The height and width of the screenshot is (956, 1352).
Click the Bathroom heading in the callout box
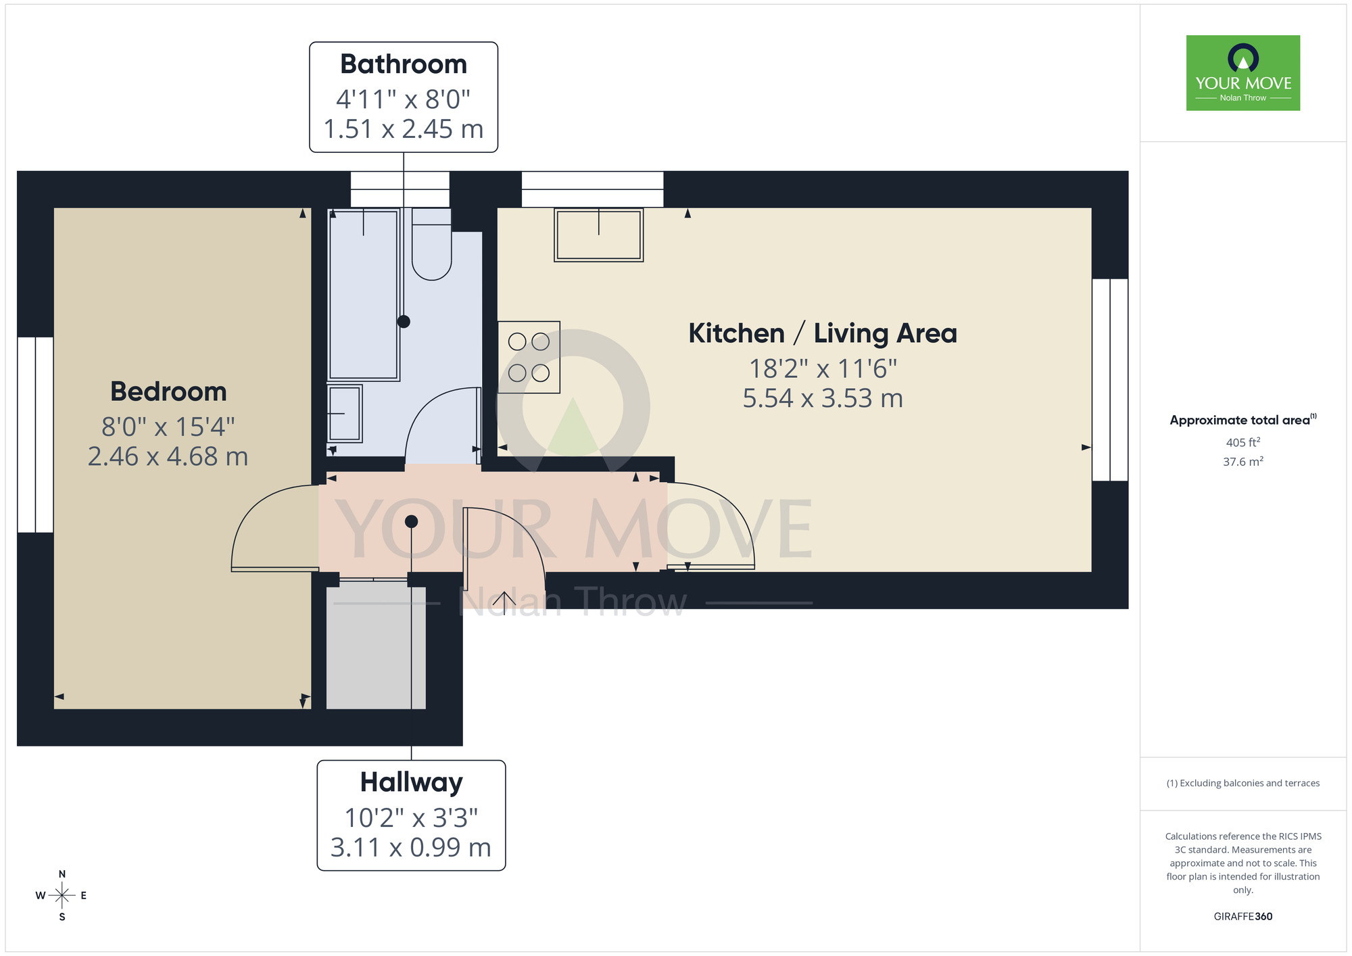click(x=404, y=64)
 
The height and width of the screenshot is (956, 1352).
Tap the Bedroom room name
click(x=168, y=391)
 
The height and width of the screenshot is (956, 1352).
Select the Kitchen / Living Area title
click(x=823, y=333)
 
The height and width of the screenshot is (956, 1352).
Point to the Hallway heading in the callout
click(x=411, y=782)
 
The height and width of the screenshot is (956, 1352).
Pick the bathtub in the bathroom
click(x=364, y=295)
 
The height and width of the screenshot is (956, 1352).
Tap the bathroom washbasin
click(x=345, y=413)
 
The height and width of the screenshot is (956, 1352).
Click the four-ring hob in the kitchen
click(x=529, y=357)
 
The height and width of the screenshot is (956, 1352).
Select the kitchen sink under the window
click(x=598, y=235)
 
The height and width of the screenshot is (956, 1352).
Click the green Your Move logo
click(x=1242, y=73)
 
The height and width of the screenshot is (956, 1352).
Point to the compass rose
click(x=62, y=896)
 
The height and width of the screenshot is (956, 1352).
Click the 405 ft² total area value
click(x=1242, y=442)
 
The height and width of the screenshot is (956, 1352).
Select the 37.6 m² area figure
click(x=1242, y=462)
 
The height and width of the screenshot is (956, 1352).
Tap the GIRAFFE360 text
click(x=1242, y=917)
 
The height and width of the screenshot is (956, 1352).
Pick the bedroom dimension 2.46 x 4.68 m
click(x=168, y=456)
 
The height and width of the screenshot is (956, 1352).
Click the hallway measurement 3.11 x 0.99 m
click(x=411, y=847)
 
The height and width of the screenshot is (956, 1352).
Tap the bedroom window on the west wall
click(x=35, y=435)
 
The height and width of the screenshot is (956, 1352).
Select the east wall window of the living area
click(x=1110, y=380)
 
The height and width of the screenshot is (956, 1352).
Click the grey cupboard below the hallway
click(x=376, y=646)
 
